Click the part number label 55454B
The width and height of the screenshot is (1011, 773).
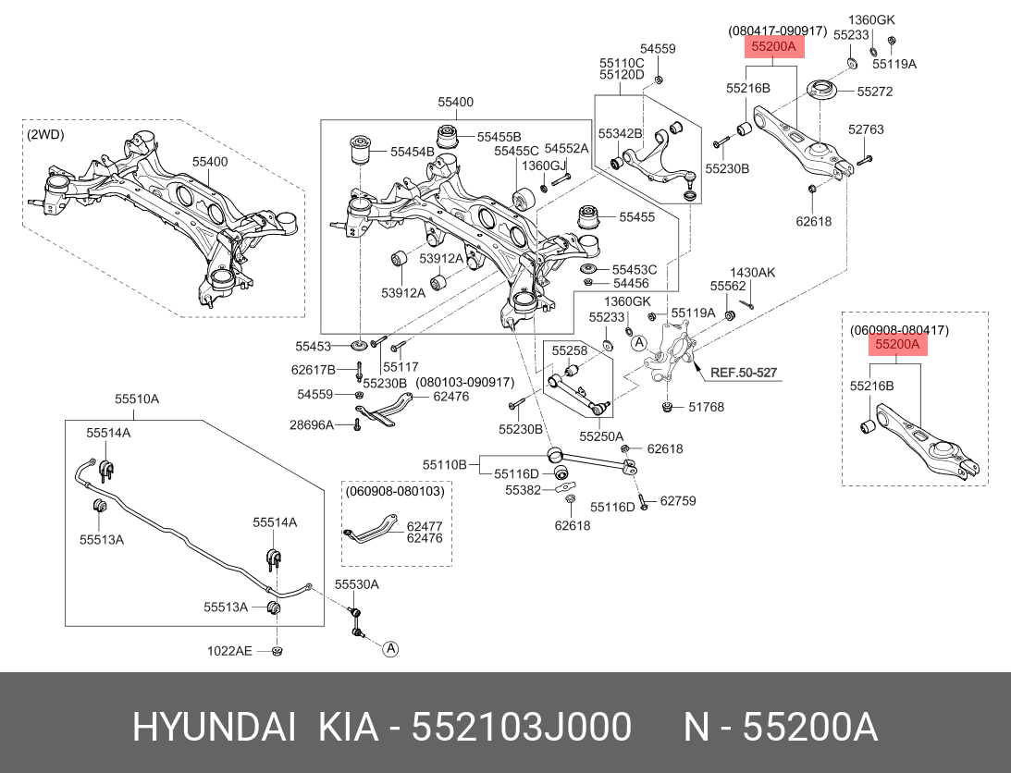coord(412,150)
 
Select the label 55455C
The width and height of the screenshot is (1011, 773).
coord(516,151)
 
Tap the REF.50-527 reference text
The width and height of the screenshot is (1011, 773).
coord(743,374)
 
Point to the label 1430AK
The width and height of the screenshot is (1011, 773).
coord(752,273)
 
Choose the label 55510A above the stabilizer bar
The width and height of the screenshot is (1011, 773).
coord(137,399)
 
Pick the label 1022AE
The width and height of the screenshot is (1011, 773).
coord(229,651)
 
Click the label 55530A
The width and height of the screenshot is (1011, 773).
coord(357,584)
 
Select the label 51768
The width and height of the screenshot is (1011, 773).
coord(706,407)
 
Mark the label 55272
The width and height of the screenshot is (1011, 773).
coord(874,92)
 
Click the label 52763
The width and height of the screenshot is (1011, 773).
coord(866,129)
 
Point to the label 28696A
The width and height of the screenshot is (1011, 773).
coord(311,424)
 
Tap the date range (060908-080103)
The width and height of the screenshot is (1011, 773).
coord(396,491)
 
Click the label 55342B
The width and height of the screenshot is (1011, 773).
coord(620,134)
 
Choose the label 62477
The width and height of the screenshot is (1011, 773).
coord(425,525)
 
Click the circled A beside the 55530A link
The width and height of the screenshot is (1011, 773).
coord(390,649)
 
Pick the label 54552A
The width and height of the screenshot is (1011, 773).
coord(566,148)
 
